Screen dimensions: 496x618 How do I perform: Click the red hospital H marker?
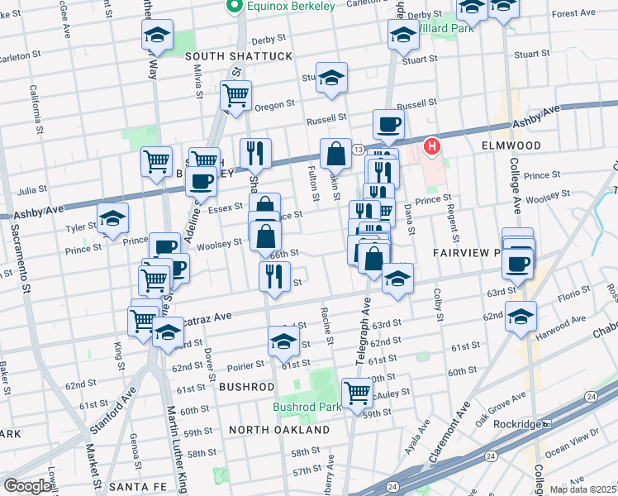[x=431, y=148]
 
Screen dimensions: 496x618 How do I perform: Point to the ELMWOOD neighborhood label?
[x=511, y=145]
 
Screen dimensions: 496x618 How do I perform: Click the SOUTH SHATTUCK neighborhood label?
[x=239, y=55]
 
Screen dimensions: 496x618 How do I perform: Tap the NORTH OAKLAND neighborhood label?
[x=279, y=430]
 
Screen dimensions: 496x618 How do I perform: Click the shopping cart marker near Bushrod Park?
[x=357, y=391]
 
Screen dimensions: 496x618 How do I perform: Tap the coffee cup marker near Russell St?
[x=388, y=124]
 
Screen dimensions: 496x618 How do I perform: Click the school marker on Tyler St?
[x=112, y=217]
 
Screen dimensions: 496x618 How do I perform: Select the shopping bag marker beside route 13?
[x=336, y=153]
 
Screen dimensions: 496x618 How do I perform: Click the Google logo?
[x=27, y=486]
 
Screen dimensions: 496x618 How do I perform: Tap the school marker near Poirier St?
[x=283, y=339]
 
